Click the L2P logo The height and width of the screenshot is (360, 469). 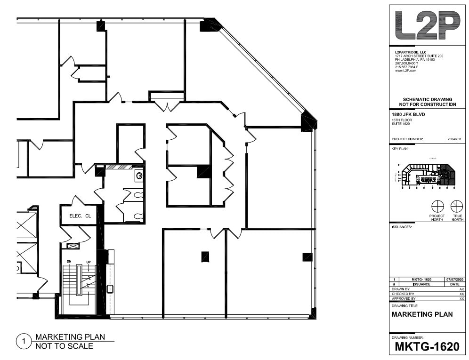point(427,26)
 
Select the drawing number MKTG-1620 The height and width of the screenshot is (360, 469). point(427,347)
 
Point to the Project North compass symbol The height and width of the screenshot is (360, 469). point(437,206)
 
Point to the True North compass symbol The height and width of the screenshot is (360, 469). point(457,206)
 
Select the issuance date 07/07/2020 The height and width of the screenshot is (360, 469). point(454,280)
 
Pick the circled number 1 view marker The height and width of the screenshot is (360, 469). point(22,341)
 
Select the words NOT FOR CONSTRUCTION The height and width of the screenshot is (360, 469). point(428,104)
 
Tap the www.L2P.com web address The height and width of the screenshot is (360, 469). point(406,70)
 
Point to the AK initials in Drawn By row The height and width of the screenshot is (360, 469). point(461,289)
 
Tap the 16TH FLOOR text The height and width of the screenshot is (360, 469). point(402,120)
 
